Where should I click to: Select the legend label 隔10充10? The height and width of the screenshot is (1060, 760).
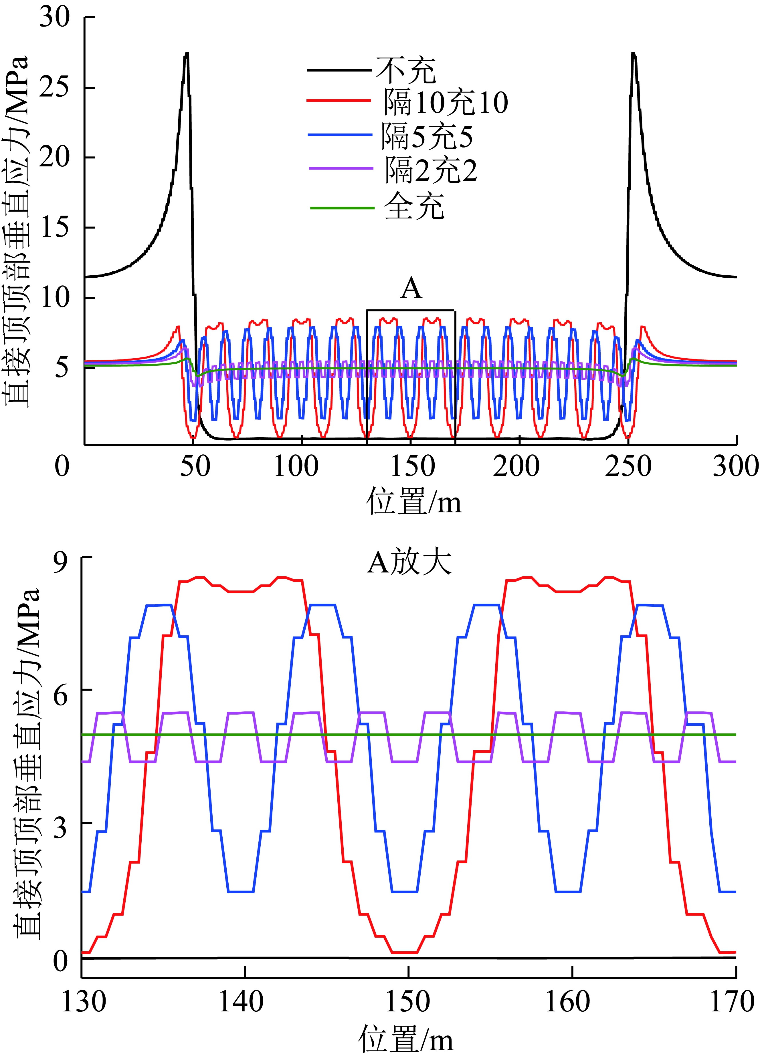tap(446, 102)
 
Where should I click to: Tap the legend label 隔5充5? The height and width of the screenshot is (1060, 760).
tap(427, 136)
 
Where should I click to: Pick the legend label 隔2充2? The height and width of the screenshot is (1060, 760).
tap(431, 171)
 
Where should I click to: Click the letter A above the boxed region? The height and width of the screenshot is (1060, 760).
tap(411, 288)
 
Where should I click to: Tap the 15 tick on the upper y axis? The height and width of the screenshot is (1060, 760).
tap(55, 228)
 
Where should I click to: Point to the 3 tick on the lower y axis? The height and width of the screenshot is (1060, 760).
tap(60, 828)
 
